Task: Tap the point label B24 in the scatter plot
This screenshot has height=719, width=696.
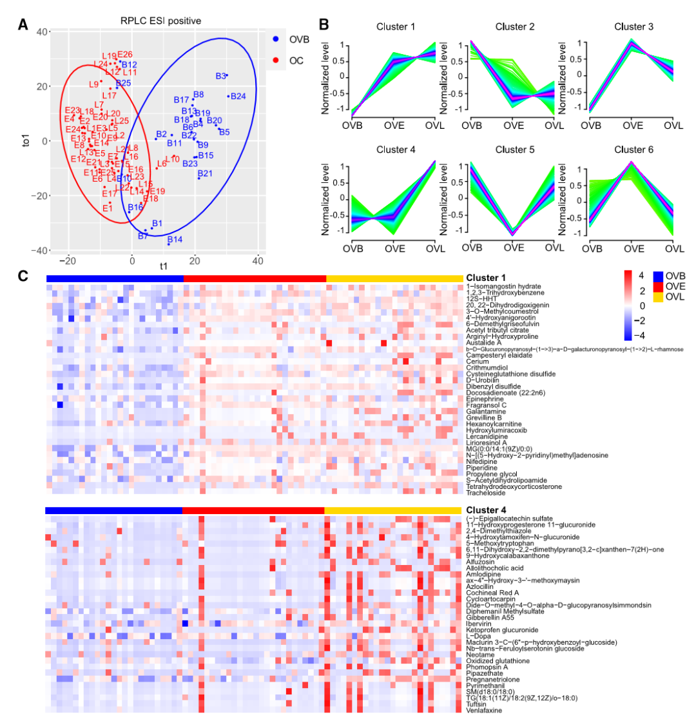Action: click(238, 97)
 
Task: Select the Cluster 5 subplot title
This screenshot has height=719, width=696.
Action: click(514, 150)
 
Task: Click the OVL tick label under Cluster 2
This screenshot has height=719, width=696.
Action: click(553, 124)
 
